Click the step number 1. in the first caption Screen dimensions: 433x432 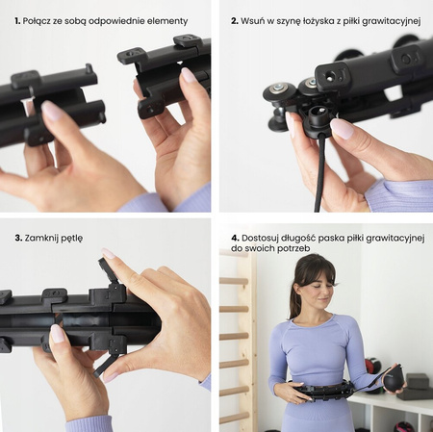(17, 21)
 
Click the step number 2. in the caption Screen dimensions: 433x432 (235, 21)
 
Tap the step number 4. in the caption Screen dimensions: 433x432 (235, 239)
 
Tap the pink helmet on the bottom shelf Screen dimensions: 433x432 (402, 427)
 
